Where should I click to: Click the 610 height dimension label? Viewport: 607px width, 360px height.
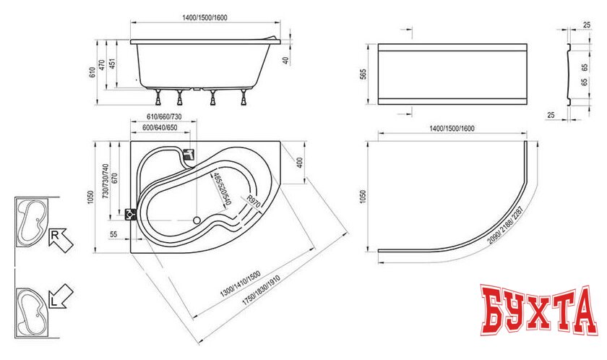point(92,72)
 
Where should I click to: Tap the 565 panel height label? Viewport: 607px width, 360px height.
point(363,74)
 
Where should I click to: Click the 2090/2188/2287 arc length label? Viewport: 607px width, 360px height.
point(505,225)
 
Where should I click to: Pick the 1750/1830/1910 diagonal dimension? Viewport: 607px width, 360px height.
point(261,291)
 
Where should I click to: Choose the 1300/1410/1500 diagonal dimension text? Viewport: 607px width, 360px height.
point(241,283)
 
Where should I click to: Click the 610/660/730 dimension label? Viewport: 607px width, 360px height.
point(164,116)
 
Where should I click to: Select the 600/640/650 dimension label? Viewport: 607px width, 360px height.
point(160,128)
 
